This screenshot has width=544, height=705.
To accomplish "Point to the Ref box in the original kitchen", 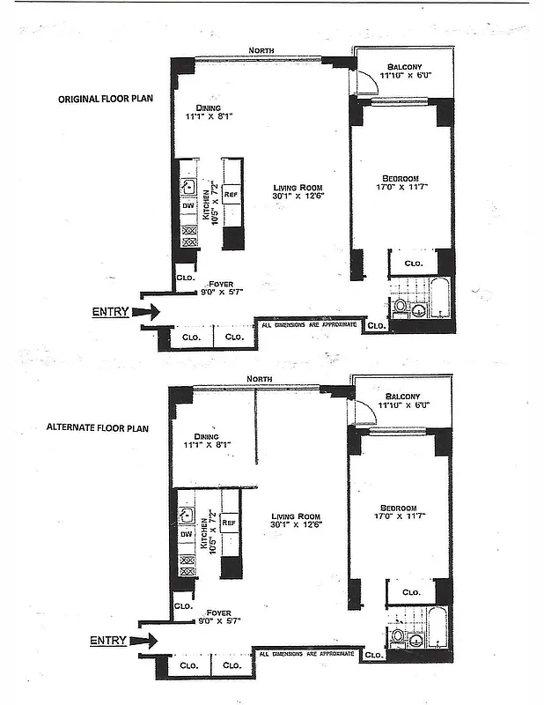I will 232,193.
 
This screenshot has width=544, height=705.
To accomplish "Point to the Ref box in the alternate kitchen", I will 231,522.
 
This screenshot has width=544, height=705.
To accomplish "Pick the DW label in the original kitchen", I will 187,205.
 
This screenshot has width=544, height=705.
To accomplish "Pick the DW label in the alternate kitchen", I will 186,534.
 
